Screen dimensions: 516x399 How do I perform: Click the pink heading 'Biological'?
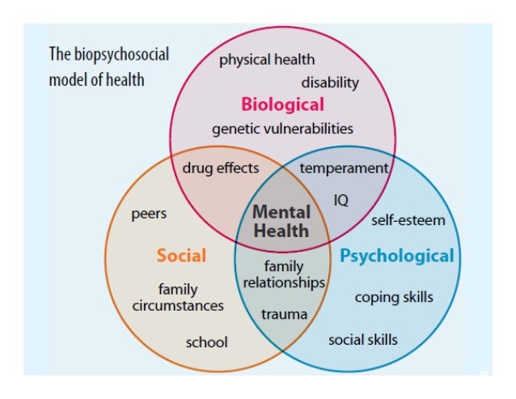point(282,104)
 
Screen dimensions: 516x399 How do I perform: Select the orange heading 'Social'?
point(181,257)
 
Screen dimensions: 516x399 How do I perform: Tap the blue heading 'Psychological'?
point(397,257)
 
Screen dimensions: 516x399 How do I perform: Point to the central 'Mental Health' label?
point(281,221)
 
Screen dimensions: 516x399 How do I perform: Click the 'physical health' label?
point(267,59)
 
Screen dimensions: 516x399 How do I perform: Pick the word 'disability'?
point(330,83)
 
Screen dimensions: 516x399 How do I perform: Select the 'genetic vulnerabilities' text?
point(282,129)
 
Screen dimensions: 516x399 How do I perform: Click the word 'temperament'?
point(344,168)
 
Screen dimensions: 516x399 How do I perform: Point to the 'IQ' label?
point(341,198)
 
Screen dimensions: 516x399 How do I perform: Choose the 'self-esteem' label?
point(408,220)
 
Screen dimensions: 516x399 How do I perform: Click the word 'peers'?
point(149,214)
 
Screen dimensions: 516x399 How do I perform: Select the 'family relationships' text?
point(284,274)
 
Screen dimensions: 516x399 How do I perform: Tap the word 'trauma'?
point(284,314)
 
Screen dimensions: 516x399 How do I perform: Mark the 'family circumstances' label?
point(178,298)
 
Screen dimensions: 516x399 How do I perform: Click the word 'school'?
point(206,342)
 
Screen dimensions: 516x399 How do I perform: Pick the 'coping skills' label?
point(394,297)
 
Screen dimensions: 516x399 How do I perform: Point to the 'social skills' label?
point(363,339)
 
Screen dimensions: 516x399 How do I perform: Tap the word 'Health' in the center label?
point(281,231)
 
